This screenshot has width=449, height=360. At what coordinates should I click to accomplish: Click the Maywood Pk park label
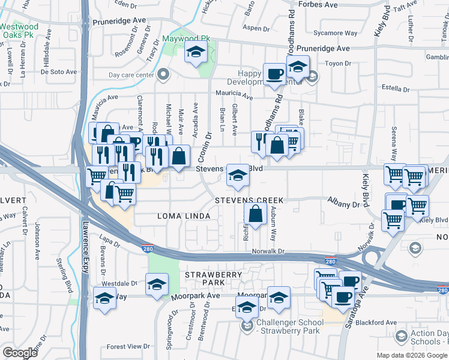tap(187, 39)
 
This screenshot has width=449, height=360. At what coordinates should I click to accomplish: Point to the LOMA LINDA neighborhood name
tap(184, 216)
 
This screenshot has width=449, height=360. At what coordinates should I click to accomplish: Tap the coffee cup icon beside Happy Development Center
tap(276, 74)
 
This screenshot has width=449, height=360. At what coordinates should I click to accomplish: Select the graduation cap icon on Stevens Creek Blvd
tap(238, 176)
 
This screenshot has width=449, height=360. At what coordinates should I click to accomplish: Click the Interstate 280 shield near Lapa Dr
tap(146, 247)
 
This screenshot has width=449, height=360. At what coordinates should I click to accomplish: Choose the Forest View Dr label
tap(128, 347)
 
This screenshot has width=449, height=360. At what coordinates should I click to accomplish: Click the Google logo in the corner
tap(20, 353)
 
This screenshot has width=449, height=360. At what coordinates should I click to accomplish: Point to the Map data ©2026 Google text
tap(411, 355)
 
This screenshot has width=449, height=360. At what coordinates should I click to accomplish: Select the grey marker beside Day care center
tap(163, 76)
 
